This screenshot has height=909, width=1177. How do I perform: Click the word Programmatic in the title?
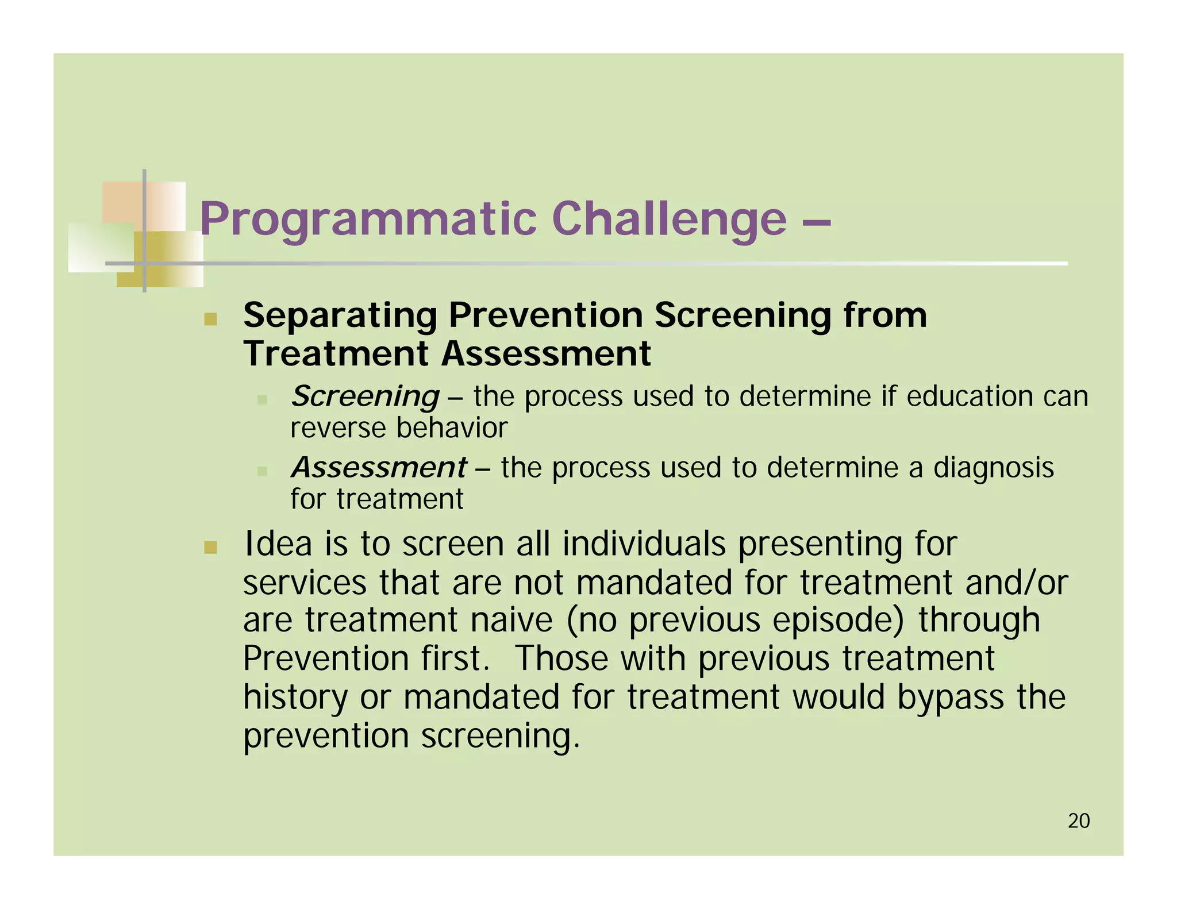(368, 219)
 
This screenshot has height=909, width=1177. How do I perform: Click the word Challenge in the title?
(669, 218)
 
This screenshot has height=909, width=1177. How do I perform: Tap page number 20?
(1079, 821)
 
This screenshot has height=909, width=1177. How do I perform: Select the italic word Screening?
(365, 396)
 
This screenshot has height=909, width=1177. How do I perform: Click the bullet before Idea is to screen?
(210, 547)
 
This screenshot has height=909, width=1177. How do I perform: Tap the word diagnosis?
(993, 467)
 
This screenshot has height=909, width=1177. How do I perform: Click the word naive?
(511, 620)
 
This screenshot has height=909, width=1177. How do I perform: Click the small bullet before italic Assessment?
(262, 471)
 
